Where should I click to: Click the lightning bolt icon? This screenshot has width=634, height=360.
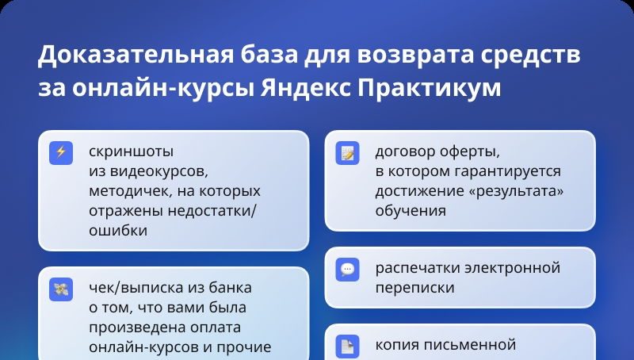61,152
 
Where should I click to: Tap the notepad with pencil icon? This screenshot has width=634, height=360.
347,152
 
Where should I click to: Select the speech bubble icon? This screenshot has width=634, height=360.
347,270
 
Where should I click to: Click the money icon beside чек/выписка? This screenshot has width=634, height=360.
61,289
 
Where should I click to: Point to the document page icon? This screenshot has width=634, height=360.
347,347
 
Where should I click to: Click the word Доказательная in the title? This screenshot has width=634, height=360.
136,55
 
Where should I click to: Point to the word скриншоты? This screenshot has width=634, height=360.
131,152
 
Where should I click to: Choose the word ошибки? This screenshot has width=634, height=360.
118,230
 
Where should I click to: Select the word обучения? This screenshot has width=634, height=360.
411,210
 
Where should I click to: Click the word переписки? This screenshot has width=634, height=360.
414,288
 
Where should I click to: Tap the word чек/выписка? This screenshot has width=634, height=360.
136,288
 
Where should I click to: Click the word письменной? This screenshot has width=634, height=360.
467,345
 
